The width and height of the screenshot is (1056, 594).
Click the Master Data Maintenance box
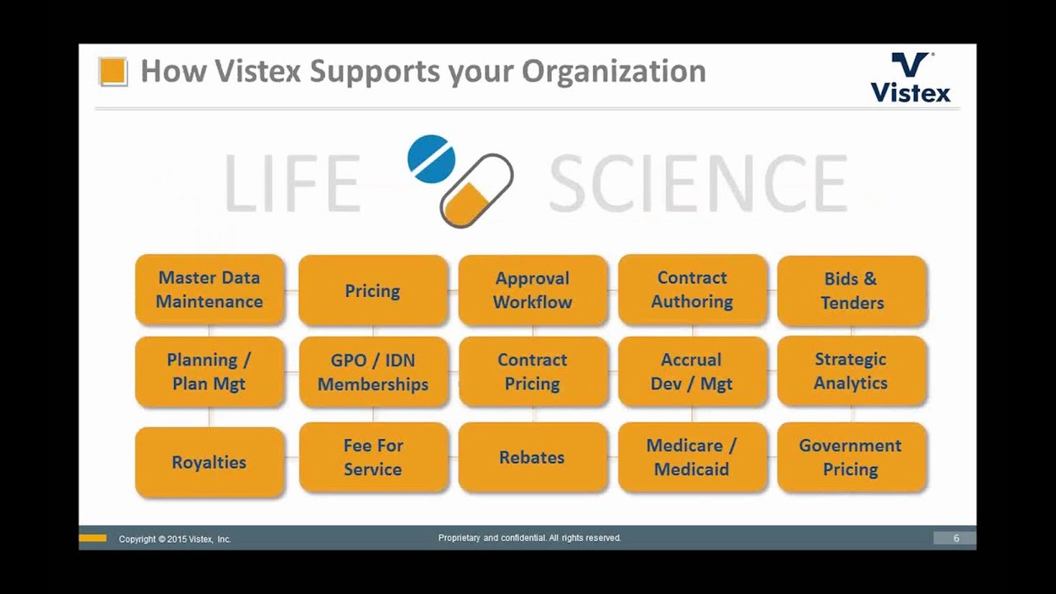click(x=210, y=290)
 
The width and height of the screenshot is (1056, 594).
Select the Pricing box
click(x=373, y=290)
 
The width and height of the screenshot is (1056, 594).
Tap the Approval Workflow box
click(x=532, y=290)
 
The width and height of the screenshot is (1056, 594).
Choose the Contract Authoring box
click(x=692, y=290)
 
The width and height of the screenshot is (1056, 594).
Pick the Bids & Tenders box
click(x=851, y=290)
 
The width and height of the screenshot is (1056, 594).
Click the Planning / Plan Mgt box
click(x=210, y=371)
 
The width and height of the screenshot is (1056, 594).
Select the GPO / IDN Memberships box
click(x=373, y=372)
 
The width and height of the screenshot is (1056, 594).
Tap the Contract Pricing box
click(x=532, y=372)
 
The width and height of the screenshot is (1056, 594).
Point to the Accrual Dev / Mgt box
click(x=692, y=371)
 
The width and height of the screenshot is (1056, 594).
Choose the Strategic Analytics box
click(x=851, y=371)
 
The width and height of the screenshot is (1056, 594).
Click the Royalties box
click(x=210, y=462)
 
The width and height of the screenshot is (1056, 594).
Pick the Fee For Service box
click(x=373, y=457)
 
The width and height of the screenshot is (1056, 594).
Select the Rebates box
click(x=532, y=457)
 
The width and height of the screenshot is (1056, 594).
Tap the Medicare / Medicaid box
click(x=692, y=457)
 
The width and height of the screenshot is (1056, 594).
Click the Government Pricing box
click(x=851, y=457)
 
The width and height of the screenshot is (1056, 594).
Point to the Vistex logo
click(x=911, y=78)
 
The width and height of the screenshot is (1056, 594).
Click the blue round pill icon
click(x=431, y=158)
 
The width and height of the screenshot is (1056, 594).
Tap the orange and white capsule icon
click(x=477, y=191)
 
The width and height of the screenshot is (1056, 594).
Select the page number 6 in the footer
click(x=956, y=538)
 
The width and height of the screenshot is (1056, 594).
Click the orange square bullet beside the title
click(x=113, y=72)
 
